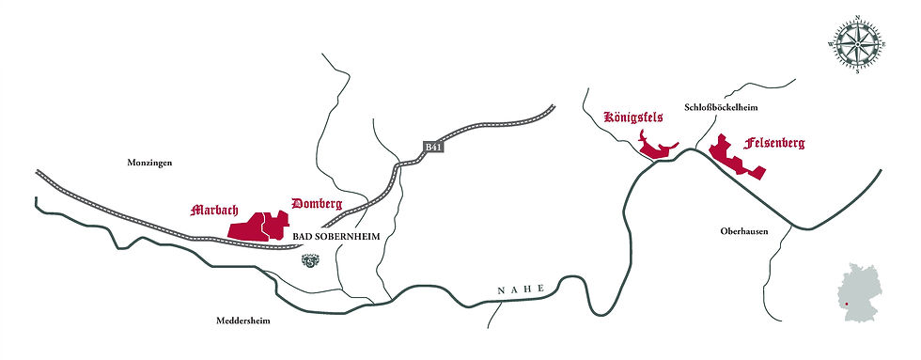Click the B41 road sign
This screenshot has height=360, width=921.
click(x=432, y=148)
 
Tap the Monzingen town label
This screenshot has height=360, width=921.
click(x=152, y=163)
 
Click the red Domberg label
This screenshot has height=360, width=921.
click(x=317, y=203)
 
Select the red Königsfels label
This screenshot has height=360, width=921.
click(x=632, y=118)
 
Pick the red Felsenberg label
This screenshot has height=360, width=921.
click(x=774, y=144)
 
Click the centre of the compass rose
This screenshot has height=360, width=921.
click(x=856, y=42)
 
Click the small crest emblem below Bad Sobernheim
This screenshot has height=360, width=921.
click(x=310, y=262)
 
